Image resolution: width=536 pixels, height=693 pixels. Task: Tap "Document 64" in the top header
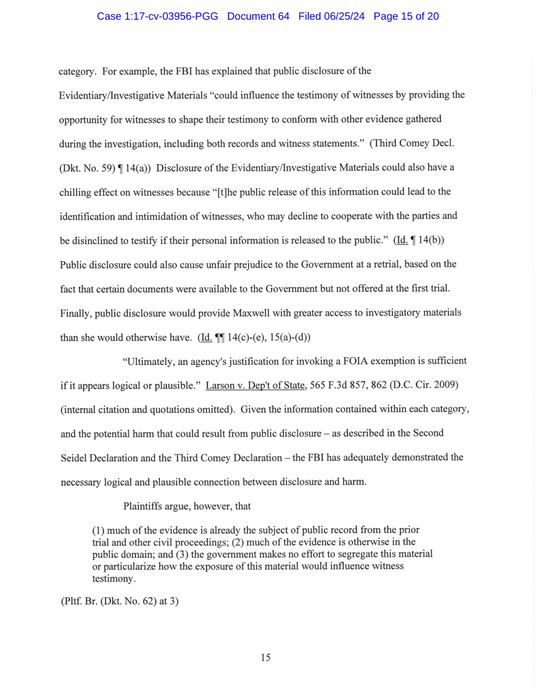click(258, 16)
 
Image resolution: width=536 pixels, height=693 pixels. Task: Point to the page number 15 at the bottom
click(265, 658)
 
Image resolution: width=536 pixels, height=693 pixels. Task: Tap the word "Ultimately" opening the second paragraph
click(151, 361)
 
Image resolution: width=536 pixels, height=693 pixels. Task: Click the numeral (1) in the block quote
click(99, 530)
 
